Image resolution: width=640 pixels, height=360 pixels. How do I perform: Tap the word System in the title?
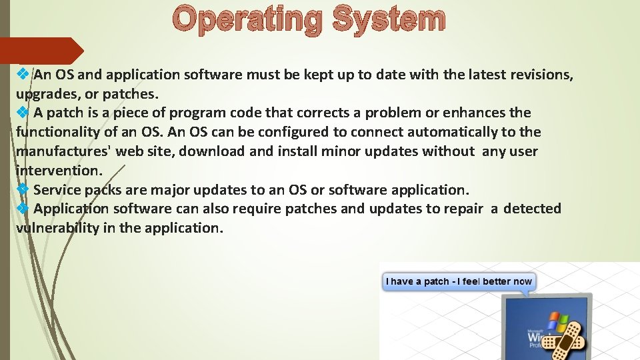388,20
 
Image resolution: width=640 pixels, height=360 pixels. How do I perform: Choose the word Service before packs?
58,190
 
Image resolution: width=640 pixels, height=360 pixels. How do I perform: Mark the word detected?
532,209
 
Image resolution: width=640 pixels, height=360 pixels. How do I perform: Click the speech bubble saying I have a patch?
459,281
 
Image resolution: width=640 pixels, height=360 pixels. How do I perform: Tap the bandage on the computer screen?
562,337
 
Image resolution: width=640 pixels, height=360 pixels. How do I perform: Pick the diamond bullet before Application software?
22,209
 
